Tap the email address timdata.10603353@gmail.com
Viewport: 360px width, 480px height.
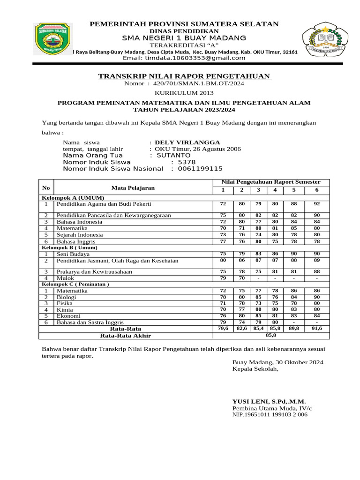[184, 58]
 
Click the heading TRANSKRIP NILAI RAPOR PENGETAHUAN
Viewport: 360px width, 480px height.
[184, 76]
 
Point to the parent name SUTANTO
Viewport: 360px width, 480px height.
[173, 155]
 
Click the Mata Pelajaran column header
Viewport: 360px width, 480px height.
[133, 188]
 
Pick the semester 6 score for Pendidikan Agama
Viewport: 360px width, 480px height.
[317, 204]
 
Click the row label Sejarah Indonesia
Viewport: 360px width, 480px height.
[80, 235]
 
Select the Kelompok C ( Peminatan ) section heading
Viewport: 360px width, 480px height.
[75, 284]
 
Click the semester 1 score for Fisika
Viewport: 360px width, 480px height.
[223, 303]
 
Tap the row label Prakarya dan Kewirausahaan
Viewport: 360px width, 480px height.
[94, 271]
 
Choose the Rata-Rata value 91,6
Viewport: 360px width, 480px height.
[317, 329]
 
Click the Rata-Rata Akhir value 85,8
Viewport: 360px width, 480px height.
[271, 336]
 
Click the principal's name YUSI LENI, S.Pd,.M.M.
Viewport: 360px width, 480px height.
[269, 401]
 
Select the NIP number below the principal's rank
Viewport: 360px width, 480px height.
[270, 415]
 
